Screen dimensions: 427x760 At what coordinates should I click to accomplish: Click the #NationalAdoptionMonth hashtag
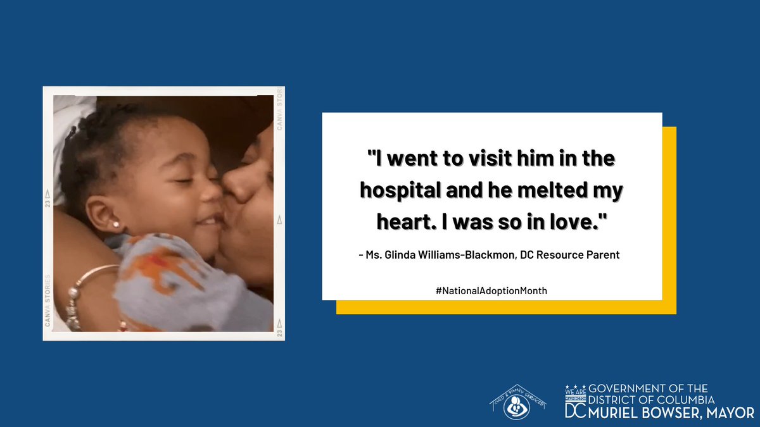tap(491, 290)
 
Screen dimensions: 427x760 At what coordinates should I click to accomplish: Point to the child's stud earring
tap(116, 224)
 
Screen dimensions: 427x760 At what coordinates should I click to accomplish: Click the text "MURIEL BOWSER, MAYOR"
tap(672, 412)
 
